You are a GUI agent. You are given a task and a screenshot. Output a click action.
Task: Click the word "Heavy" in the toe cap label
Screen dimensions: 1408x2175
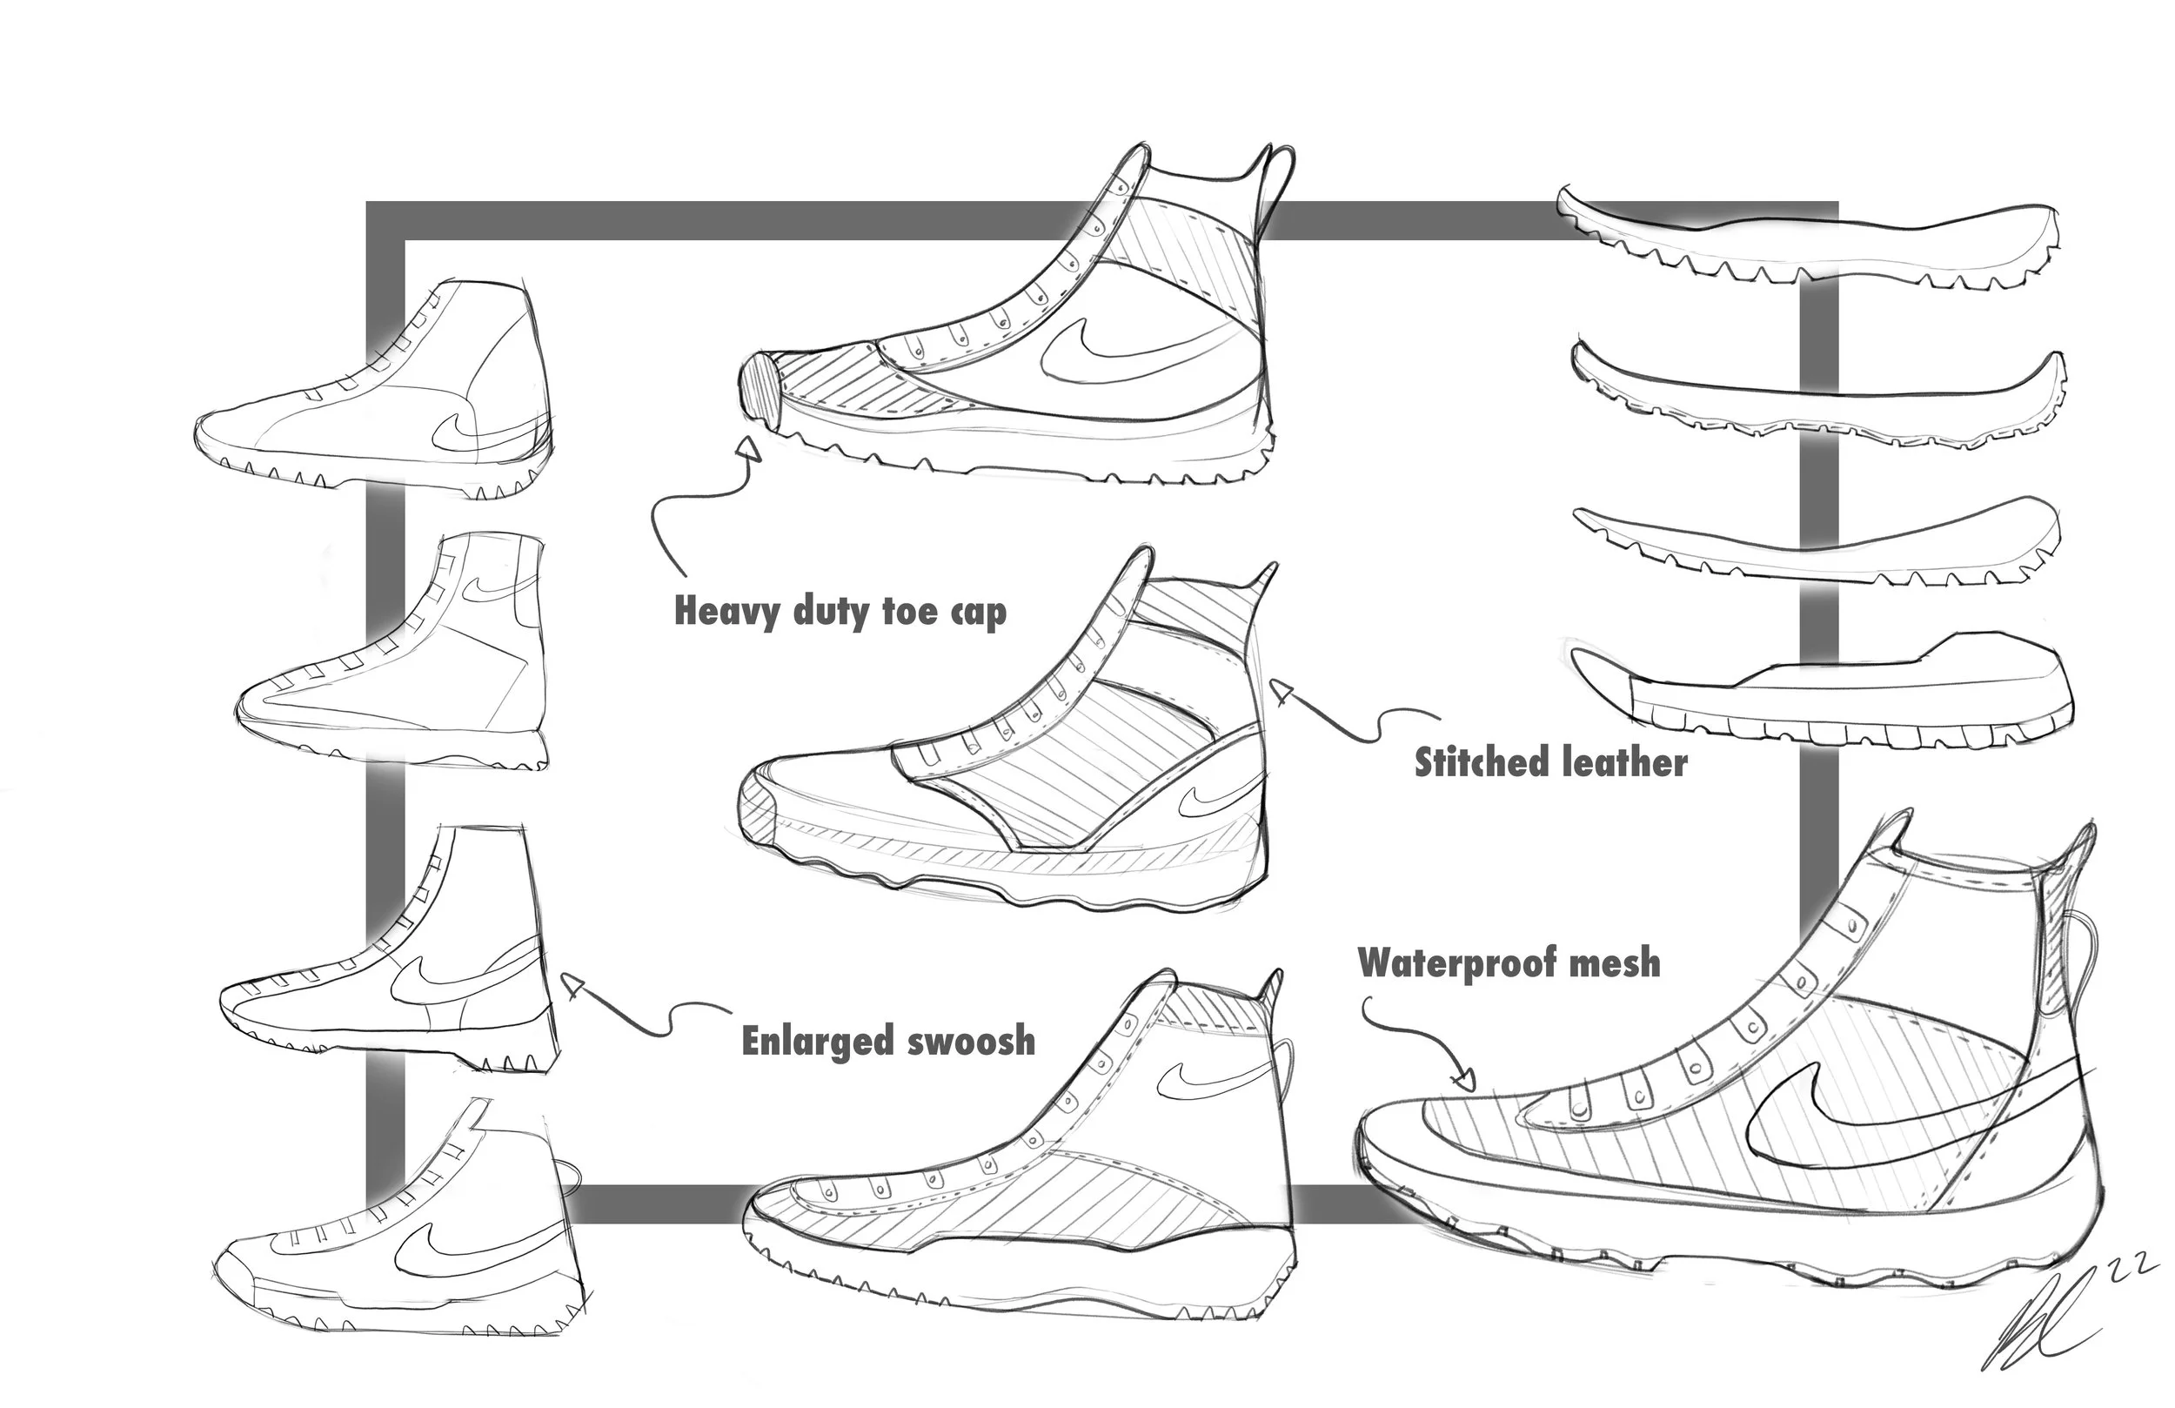click(x=727, y=612)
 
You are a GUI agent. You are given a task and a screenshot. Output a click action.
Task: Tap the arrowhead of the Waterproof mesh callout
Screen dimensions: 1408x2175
click(x=1464, y=1081)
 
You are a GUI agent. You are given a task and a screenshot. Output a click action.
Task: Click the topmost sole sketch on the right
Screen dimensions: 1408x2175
click(x=1810, y=239)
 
